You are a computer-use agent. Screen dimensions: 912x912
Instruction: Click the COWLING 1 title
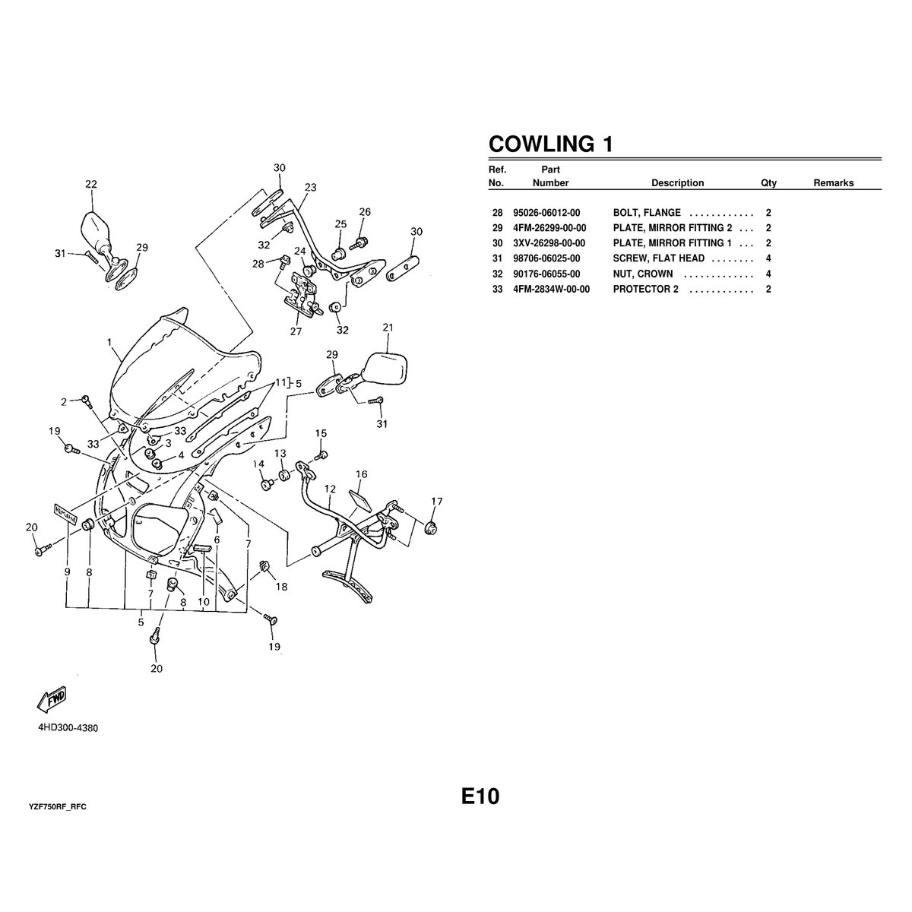tap(550, 144)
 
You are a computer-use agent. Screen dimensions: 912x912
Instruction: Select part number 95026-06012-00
tap(546, 213)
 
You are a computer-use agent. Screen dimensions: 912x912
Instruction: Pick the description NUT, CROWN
tap(643, 274)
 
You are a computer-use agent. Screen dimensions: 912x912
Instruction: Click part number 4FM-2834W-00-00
tap(551, 289)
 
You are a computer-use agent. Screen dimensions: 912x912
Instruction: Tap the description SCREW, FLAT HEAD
tap(659, 258)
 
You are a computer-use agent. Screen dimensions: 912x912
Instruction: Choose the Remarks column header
tap(834, 183)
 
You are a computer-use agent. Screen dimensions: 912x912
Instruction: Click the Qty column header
tap(768, 183)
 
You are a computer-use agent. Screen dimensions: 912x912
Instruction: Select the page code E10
tap(480, 796)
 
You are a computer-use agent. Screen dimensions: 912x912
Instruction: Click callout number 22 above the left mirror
tap(91, 184)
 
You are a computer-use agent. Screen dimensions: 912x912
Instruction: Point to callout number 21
tap(388, 327)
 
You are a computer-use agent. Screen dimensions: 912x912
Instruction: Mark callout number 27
tap(296, 331)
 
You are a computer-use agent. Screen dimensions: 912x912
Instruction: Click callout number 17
tap(437, 501)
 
